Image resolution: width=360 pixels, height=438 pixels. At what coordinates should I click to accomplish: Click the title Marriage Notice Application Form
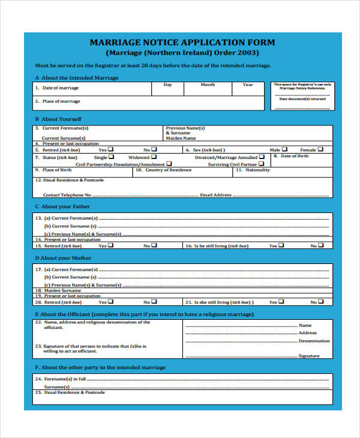(182, 43)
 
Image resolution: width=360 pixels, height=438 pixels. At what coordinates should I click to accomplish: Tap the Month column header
(208, 85)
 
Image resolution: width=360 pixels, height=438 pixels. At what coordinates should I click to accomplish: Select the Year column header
(248, 85)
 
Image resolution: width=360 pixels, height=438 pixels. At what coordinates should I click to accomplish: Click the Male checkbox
(284, 149)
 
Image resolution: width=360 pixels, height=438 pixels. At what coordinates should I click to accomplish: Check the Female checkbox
(321, 149)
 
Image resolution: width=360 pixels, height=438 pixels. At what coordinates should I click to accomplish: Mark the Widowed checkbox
(154, 157)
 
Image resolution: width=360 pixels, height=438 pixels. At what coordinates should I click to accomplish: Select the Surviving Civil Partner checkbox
(261, 163)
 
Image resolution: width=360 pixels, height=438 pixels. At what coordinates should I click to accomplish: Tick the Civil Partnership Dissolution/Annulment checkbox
(169, 163)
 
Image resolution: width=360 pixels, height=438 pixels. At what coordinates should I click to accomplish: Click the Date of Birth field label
(295, 156)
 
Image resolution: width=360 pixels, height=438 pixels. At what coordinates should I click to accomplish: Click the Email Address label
(215, 195)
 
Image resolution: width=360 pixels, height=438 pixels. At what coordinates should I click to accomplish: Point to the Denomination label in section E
(314, 341)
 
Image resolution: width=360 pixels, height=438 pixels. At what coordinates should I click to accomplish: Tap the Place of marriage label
(61, 101)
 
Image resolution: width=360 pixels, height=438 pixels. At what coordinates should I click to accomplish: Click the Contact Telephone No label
(67, 195)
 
